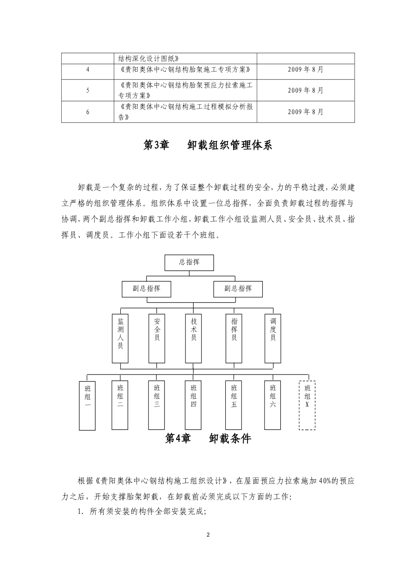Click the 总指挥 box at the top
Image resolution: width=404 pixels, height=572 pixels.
coord(189,263)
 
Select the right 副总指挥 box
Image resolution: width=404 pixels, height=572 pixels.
coord(238,289)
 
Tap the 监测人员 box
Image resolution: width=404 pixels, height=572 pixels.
coord(120,338)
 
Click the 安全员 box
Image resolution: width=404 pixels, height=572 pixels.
coord(157,338)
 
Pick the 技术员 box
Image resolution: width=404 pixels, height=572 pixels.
coord(193,338)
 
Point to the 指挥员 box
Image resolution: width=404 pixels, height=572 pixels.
coord(234,338)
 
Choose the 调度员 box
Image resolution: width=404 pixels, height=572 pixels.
coord(273,338)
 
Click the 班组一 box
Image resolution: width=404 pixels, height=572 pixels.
coord(88,405)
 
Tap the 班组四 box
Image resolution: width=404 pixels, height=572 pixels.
coord(193,405)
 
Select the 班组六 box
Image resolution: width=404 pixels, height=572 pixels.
coord(273,405)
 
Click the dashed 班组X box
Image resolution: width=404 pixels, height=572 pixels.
coord(307,405)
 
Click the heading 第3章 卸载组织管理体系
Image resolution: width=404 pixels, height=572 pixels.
coord(208,146)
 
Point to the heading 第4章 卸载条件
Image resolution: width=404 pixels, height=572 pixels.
coord(208,439)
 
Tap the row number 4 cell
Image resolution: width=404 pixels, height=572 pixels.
coord(88,69)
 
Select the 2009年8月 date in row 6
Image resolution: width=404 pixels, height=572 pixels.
coord(305,112)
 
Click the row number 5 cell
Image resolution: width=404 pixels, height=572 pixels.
coord(88,90)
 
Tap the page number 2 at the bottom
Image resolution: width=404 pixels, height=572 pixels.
coord(208,535)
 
